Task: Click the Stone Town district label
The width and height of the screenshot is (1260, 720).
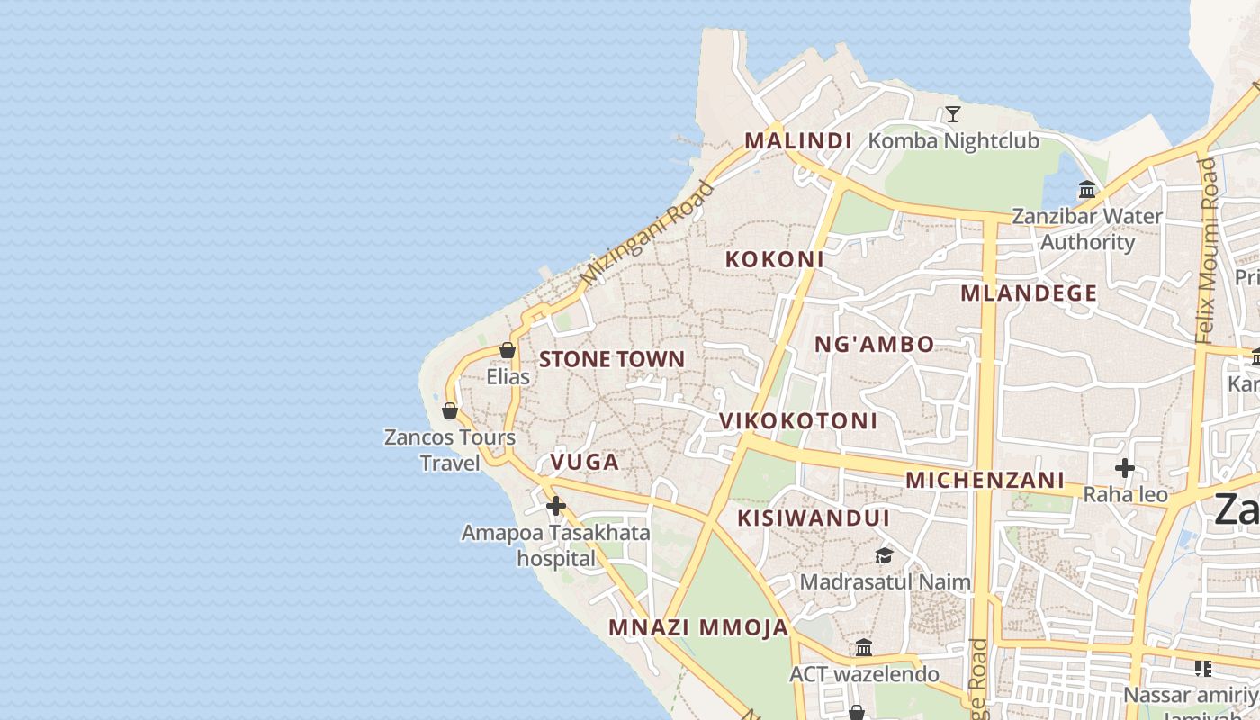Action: click(611, 359)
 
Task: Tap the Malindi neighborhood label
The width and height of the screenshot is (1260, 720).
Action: click(798, 141)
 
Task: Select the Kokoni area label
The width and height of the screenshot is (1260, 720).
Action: click(775, 259)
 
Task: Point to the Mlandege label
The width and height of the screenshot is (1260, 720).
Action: click(1029, 293)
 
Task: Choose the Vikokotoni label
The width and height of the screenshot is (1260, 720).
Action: click(798, 421)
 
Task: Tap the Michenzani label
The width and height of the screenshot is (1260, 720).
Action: click(985, 480)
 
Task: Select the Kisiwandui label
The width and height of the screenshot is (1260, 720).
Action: click(814, 518)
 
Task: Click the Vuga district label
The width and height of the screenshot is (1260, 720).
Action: click(584, 463)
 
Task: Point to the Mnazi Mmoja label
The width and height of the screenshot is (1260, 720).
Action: click(698, 627)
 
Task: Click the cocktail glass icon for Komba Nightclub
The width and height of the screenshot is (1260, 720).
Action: click(953, 114)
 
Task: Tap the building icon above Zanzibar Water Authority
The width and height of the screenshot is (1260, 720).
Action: click(1087, 190)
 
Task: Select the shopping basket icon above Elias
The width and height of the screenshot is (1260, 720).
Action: click(508, 350)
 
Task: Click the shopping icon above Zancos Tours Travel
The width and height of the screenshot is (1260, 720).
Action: click(450, 410)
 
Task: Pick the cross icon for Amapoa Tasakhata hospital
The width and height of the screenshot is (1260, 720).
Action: click(556, 506)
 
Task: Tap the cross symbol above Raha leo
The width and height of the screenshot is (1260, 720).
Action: click(1125, 468)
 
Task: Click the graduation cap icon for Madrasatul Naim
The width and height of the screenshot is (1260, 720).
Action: click(885, 555)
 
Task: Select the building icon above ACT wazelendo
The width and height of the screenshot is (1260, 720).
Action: click(864, 647)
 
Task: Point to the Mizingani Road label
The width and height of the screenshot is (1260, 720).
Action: click(647, 234)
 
